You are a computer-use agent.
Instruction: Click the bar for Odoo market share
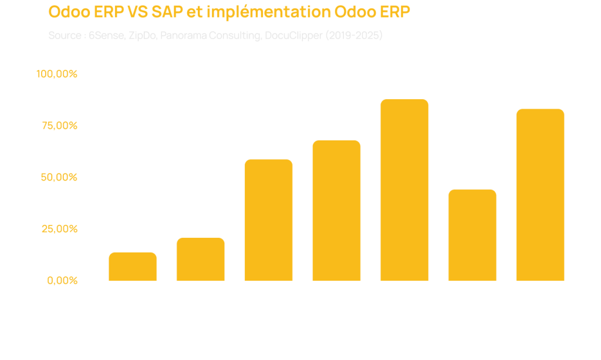point(133,267)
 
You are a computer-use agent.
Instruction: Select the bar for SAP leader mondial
point(201,259)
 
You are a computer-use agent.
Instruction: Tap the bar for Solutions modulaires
point(268,220)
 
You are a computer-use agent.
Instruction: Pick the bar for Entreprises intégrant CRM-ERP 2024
point(336,211)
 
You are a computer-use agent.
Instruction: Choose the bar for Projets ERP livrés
point(472,235)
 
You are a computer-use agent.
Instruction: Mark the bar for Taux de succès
point(540,195)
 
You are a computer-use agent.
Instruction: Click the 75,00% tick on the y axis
point(59,126)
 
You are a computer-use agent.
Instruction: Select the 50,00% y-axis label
point(59,177)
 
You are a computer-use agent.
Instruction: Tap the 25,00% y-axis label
point(59,228)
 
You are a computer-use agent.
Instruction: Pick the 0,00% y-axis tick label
point(62,280)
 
